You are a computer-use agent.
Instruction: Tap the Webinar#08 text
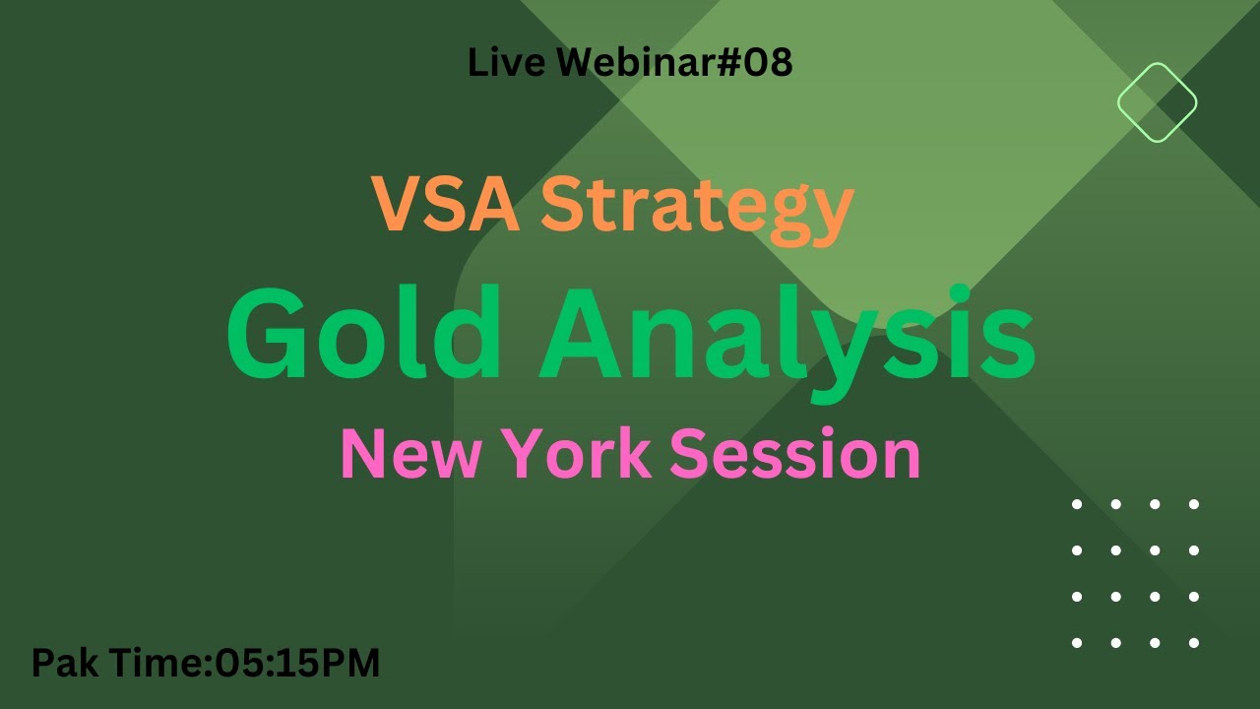(x=674, y=63)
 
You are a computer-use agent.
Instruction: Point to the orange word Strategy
(x=697, y=207)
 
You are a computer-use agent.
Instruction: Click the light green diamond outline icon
(x=1157, y=102)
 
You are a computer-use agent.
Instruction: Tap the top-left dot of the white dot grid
(x=1077, y=504)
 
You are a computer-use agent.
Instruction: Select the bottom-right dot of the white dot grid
(x=1194, y=643)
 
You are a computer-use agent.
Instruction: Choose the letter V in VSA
(x=396, y=204)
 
